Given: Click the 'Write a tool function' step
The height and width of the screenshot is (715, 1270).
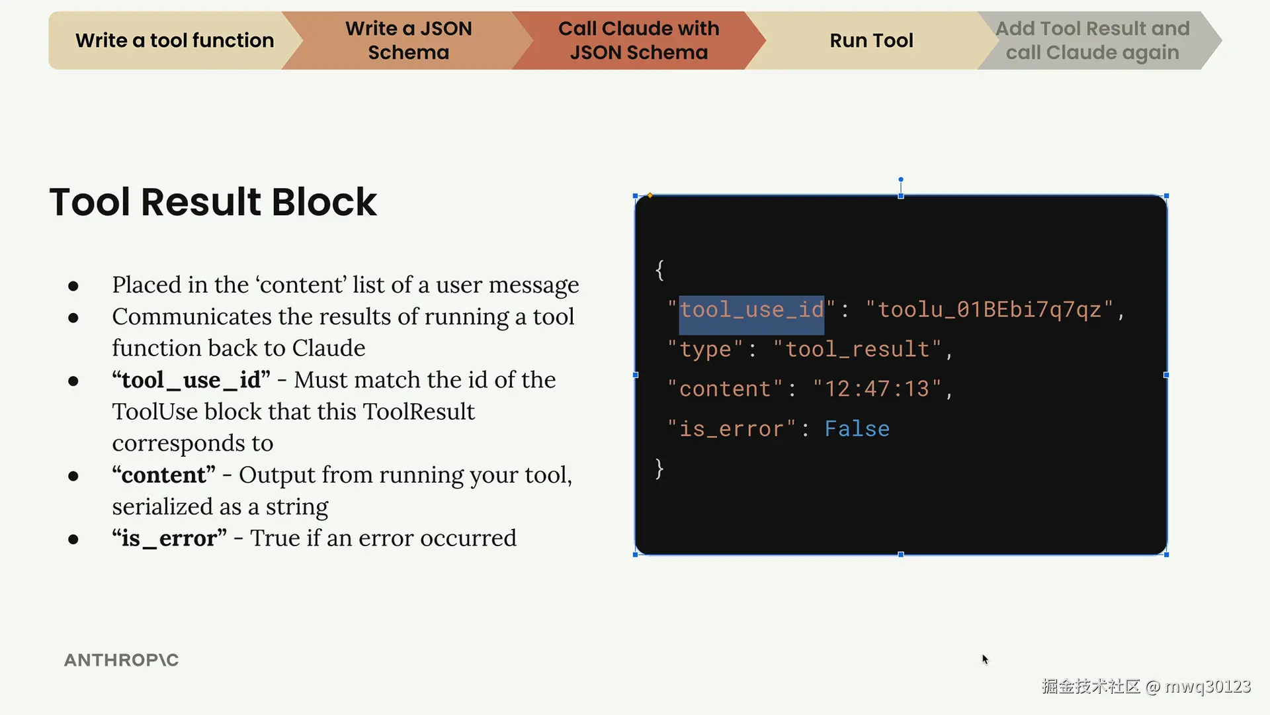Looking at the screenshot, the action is coord(174,40).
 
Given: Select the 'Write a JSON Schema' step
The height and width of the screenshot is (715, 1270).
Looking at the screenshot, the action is coord(408,40).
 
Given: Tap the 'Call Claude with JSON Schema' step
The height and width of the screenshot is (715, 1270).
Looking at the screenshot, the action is coord(638,40).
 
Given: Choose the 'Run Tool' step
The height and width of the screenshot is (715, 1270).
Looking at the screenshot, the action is coord(871,40).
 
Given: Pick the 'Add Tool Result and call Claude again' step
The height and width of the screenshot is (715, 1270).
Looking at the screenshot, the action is coord(1092,40).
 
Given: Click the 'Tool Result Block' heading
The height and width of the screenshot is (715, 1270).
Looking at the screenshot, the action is coord(213,202).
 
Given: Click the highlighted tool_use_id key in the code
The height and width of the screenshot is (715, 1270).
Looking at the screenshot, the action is coord(751,310).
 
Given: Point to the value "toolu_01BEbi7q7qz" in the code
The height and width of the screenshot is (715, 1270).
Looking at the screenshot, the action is coord(990,310).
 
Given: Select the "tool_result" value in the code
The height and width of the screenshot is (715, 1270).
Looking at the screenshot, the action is coord(857,350).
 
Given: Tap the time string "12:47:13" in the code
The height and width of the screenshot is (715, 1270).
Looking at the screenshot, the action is coord(877,389).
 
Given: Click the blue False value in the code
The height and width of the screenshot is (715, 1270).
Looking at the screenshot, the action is coord(857,429).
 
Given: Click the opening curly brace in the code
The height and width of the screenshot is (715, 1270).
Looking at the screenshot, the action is coord(659,270).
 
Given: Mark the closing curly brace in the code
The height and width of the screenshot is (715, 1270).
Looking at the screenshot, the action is coord(659,469).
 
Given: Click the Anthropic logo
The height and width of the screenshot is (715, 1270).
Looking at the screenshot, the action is coord(121,660).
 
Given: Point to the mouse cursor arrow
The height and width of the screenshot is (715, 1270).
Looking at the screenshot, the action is coord(985,659).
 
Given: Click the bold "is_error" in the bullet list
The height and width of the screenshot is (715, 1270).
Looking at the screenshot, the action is coord(169,538).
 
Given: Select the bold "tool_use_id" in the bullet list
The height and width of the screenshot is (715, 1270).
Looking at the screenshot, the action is coord(191,380).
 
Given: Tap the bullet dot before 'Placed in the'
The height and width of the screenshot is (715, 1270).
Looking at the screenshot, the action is coord(73,286).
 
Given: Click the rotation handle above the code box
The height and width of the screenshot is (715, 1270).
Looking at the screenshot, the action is coord(900,179).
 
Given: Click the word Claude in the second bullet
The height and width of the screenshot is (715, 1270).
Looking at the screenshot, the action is coord(329,348).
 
